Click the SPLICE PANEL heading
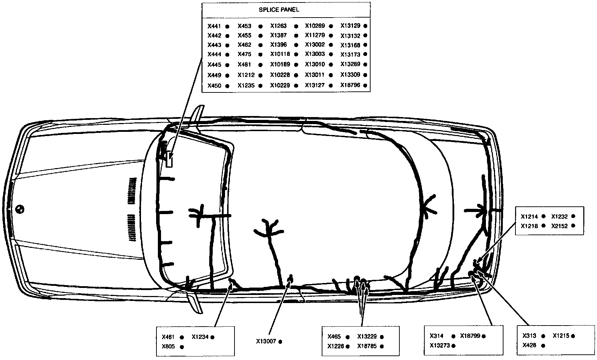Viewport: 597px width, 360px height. [x=279, y=10]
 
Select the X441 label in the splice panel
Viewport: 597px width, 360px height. [x=214, y=26]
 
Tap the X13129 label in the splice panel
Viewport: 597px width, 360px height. [x=350, y=26]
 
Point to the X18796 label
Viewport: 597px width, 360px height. [x=350, y=85]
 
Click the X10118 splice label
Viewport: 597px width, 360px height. [x=280, y=54]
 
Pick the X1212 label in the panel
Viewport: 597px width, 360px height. [x=246, y=75]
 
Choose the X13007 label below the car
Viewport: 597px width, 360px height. [x=266, y=341]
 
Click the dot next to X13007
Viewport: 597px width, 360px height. [x=280, y=341]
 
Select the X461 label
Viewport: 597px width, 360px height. [x=168, y=337]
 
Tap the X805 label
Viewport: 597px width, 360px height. [x=168, y=347]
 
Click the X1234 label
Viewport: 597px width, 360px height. [x=200, y=337]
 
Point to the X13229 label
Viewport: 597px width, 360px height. [x=367, y=337]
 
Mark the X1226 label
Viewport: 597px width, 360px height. [x=335, y=346]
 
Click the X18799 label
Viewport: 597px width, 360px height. [x=470, y=336]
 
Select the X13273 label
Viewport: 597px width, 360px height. [x=439, y=346]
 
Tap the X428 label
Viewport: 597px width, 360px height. [x=529, y=345]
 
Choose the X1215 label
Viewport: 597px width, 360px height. [x=561, y=336]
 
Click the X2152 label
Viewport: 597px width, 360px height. [x=559, y=226]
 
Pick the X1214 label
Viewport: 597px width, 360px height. [x=529, y=217]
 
